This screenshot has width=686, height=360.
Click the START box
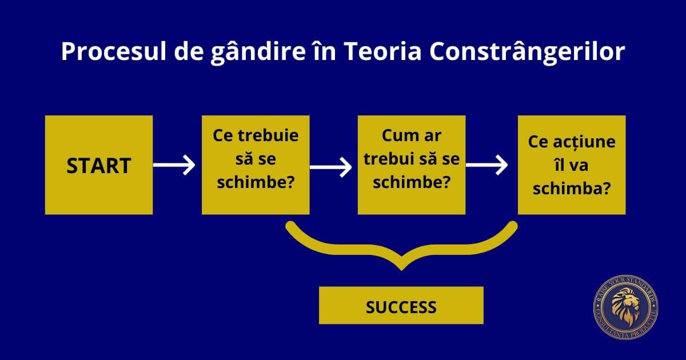pyautogui.click(x=99, y=165)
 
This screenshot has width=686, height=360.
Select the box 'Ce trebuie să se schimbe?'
pyautogui.click(x=256, y=165)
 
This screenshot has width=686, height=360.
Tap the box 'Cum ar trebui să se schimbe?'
pyautogui.click(x=412, y=165)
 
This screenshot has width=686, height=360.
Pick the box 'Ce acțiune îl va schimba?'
pyautogui.click(x=572, y=165)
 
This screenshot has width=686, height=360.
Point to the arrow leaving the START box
pyautogui.click(x=174, y=166)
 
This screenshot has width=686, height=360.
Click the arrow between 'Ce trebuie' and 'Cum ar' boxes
pyautogui.click(x=331, y=167)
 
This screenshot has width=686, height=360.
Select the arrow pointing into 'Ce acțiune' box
pyautogui.click(x=487, y=166)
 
